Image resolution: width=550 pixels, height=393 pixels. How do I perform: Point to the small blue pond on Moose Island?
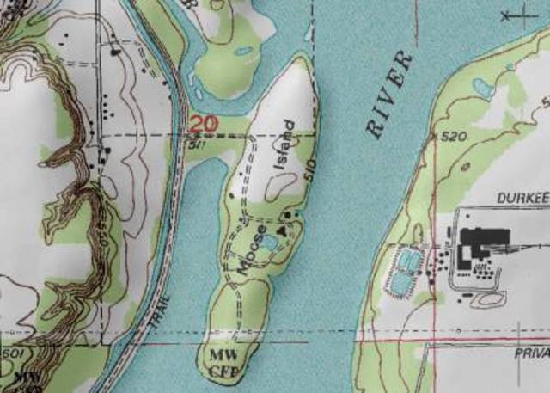pos(268,244)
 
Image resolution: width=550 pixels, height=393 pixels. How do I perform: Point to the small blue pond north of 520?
pos(482,88)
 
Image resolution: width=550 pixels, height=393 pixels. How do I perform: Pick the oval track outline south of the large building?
pos(487,299)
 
